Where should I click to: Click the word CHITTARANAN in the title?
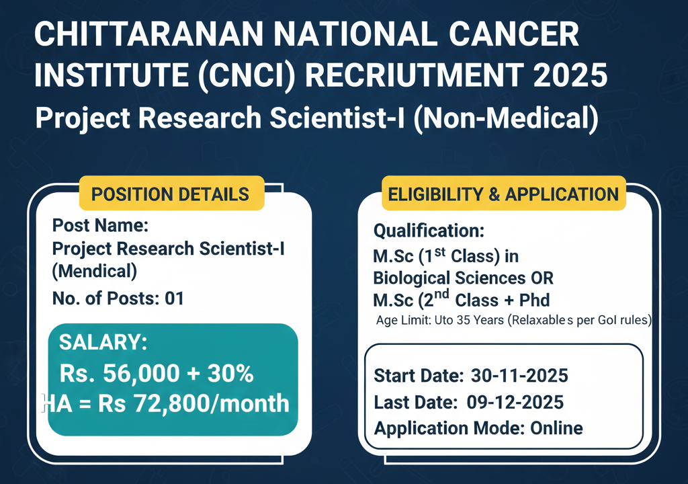coord(148,34)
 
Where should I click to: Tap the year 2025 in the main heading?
coord(570,75)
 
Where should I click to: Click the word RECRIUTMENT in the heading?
coord(414,75)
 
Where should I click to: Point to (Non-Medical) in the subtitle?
coord(506,118)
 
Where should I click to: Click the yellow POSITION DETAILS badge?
coord(171,194)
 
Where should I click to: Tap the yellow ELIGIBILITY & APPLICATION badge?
coord(503,194)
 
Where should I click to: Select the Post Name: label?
coord(101,225)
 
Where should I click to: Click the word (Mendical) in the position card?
coord(94,271)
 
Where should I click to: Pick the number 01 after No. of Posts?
coord(174,298)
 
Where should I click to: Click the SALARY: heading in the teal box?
coord(103,341)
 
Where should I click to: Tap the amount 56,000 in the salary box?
coord(141,374)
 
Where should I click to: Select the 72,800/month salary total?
coord(212,403)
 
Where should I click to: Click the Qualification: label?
coord(429,231)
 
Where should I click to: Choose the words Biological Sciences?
coord(449,278)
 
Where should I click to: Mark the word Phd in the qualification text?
coord(534,300)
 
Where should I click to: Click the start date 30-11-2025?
coord(519,376)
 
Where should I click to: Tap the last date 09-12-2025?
coord(515,402)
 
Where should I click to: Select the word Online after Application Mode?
coord(557,428)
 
